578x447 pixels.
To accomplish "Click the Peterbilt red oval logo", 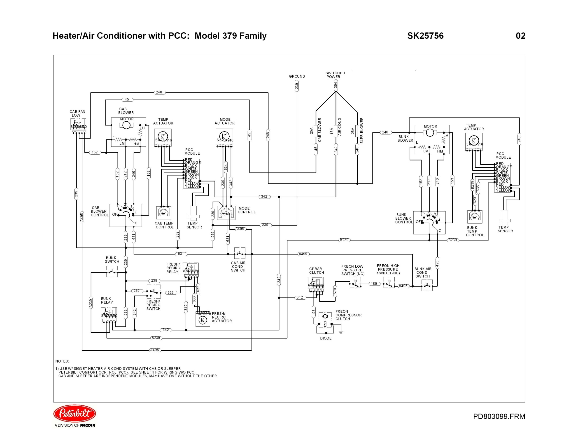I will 75,413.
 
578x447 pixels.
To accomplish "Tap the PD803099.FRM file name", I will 499,416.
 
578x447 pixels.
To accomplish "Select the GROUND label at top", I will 297,76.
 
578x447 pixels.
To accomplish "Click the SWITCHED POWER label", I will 335,75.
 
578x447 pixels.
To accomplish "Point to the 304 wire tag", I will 336,85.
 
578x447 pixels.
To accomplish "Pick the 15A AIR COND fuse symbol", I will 336,131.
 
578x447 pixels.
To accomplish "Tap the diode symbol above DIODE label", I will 326,333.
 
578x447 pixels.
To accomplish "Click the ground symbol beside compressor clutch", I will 341,332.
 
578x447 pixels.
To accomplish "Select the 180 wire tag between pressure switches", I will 374,284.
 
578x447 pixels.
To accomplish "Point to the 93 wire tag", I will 314,312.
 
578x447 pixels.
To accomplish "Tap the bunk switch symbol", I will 112,272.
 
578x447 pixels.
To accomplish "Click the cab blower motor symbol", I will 126,125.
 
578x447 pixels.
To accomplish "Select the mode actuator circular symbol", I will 224,135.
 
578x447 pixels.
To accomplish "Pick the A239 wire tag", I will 91,303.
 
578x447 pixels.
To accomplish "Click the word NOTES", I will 62,361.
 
